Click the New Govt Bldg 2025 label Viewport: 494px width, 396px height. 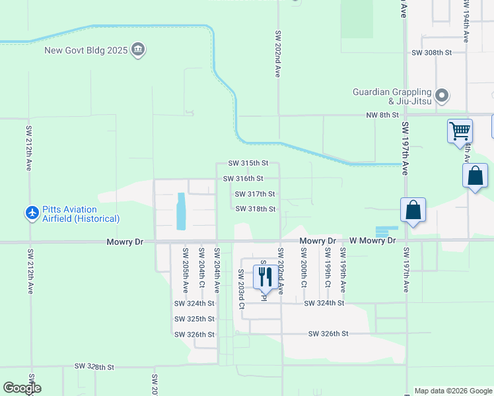point(86,50)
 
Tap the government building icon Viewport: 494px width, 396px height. point(138,50)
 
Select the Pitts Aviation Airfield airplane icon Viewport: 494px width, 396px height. point(32,213)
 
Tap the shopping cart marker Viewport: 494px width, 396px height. point(459,130)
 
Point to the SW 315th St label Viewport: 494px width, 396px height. point(248,163)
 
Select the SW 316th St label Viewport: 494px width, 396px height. point(243,178)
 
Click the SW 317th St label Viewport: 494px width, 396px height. point(255,194)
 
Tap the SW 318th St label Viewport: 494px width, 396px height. point(255,209)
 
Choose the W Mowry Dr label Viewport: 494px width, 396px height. point(372,241)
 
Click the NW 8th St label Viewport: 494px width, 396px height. point(383,115)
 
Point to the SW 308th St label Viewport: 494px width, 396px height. point(431,52)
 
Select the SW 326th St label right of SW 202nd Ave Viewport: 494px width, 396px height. point(328,334)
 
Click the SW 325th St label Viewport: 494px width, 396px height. point(194,319)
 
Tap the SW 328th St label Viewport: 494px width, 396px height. point(94,366)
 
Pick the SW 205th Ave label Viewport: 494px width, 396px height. point(186,270)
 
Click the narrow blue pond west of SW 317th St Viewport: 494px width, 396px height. point(181,211)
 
